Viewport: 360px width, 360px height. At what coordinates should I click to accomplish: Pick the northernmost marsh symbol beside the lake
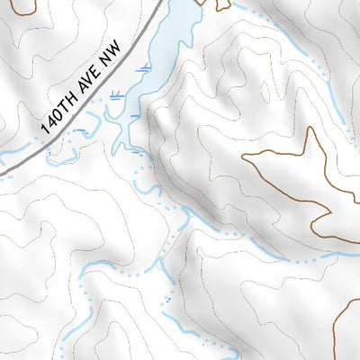coord(141,69)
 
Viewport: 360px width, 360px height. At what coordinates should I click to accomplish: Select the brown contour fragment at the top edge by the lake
coord(220,5)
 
